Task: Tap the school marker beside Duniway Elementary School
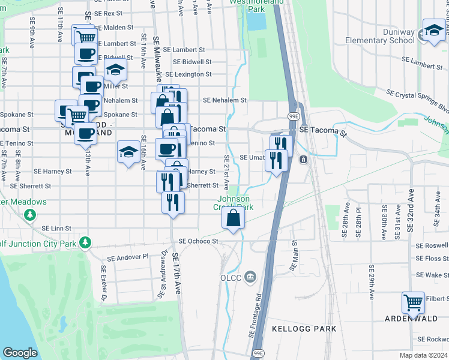[x=433, y=31]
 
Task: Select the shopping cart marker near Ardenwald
[x=414, y=303]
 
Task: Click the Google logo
[x=20, y=353]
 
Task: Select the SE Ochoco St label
[x=197, y=241]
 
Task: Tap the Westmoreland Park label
[x=247, y=6]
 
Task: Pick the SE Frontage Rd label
[x=254, y=315]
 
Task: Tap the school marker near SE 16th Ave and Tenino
[x=128, y=153]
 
